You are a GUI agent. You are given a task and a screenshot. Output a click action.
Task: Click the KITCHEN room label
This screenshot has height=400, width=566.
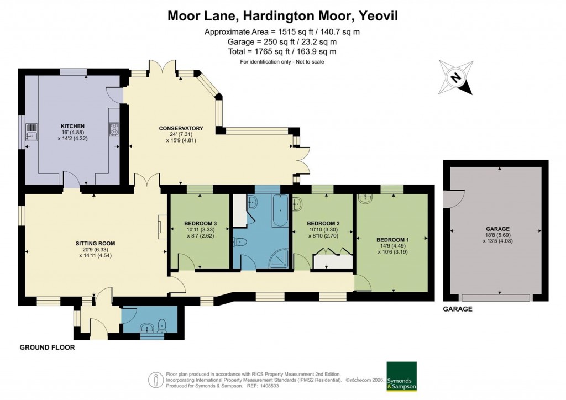[x=72, y=126]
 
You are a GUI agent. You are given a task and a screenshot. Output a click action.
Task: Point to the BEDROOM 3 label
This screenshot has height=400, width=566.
[x=200, y=223]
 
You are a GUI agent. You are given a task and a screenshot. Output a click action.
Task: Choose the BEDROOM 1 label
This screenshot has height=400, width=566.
[x=392, y=240]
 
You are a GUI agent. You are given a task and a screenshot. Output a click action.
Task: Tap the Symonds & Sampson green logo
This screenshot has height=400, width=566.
[x=401, y=376]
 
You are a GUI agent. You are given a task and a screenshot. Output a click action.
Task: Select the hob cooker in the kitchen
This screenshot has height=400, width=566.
[x=114, y=129]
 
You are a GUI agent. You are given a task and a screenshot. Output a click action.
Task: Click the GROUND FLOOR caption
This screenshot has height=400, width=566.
[x=47, y=348]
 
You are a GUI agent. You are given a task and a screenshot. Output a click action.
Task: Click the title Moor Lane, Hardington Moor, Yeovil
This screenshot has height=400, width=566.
[x=282, y=16]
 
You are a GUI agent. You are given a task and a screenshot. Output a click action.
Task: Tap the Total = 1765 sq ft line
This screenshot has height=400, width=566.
[x=282, y=51]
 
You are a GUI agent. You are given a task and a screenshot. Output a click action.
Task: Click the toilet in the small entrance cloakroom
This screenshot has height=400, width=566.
[x=161, y=325]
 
